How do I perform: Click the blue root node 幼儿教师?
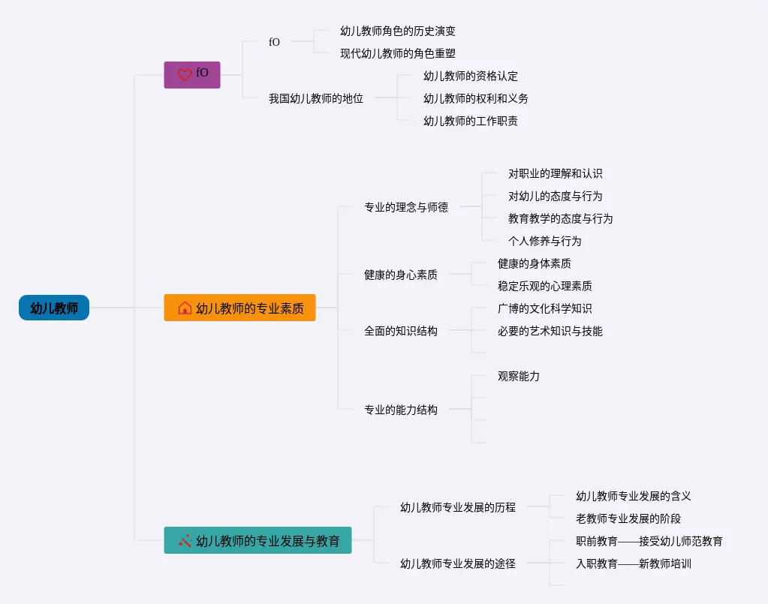point(54,308)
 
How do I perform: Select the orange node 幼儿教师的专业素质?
point(239,308)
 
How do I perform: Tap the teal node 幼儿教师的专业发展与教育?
point(258,540)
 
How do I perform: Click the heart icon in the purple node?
point(185,75)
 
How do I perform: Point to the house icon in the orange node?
point(185,308)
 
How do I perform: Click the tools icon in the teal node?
point(185,540)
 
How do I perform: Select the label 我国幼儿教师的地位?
point(316,98)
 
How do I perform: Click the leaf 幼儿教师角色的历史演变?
point(398,31)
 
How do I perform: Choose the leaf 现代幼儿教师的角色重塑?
point(398,53)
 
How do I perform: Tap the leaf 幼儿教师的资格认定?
point(471,76)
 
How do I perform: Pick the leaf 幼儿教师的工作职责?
point(471,121)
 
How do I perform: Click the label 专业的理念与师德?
point(406,207)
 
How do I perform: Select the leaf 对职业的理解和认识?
point(556,173)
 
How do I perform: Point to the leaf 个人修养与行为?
point(545,241)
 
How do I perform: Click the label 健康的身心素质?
point(401,275)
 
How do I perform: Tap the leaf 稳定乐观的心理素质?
point(545,286)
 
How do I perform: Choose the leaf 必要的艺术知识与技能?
point(550,331)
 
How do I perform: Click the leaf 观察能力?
point(519,376)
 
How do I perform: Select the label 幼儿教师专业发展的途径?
point(458,563)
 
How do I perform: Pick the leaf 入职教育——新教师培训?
point(634,563)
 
